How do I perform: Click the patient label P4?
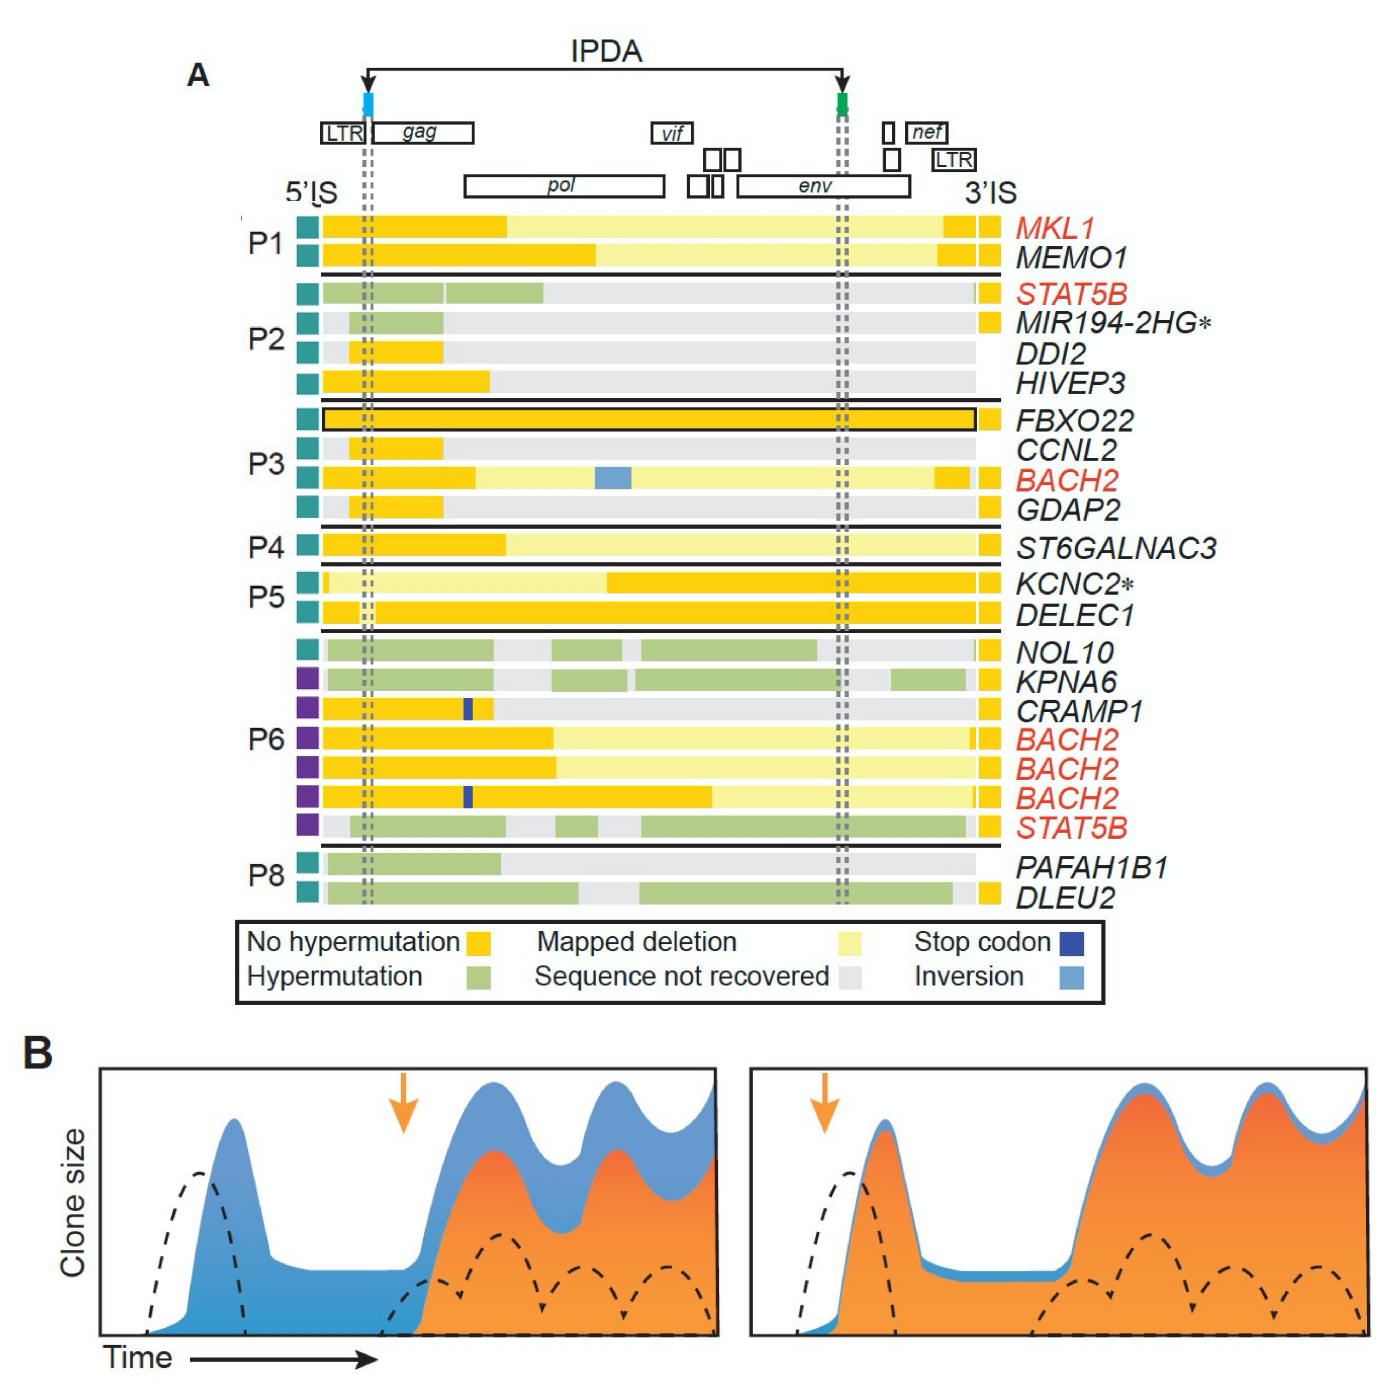[266, 548]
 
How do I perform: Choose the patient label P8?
[266, 875]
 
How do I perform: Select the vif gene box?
[672, 133]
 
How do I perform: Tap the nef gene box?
[926, 133]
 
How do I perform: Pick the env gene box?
[823, 186]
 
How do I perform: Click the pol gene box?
[564, 186]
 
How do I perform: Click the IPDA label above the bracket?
[606, 51]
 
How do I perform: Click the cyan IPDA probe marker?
[368, 104]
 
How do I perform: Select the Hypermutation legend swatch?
[478, 978]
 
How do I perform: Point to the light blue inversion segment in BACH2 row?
[613, 478]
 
